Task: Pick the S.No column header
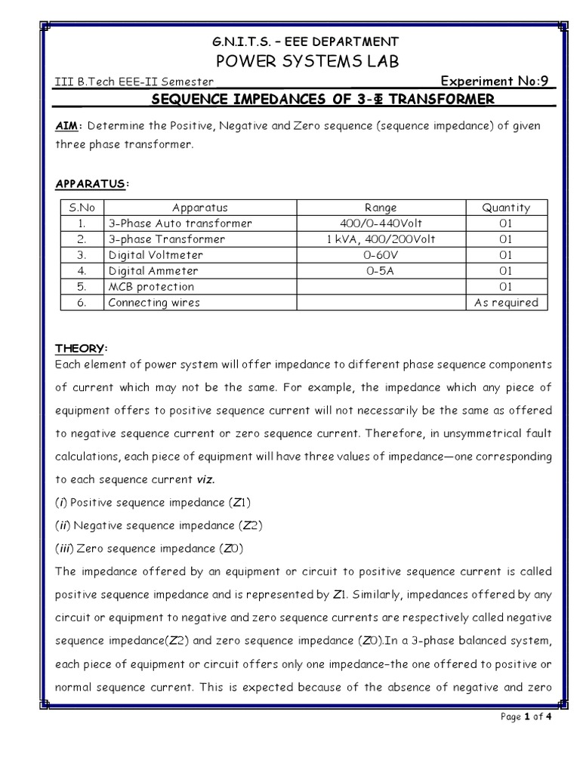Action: click(x=82, y=208)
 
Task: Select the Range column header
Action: click(x=380, y=208)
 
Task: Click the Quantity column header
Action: click(x=506, y=208)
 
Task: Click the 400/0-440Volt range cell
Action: click(x=380, y=223)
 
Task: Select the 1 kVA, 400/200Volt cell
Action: click(x=380, y=239)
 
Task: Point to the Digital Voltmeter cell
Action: click(x=156, y=255)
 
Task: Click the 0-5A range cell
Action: click(x=380, y=271)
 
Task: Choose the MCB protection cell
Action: click(x=151, y=287)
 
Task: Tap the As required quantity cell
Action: click(x=506, y=303)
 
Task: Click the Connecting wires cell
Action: click(x=155, y=303)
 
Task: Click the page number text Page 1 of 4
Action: click(x=527, y=717)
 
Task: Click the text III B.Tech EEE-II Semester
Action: click(x=135, y=82)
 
